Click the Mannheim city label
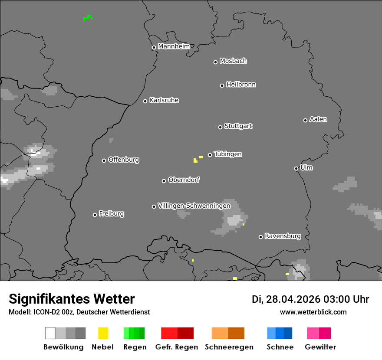174,46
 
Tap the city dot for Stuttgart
220,127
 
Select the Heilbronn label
241,85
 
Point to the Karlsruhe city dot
145,101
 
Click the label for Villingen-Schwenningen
194,206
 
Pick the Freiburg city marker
95,215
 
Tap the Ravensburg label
283,236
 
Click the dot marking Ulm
296,168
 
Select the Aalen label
318,119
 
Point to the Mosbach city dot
215,62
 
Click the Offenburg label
124,160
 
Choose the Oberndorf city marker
164,181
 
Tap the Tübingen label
228,154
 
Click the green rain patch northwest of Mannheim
88,18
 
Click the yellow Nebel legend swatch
103,333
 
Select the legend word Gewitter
320,347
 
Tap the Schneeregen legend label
228,347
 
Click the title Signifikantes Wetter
72,299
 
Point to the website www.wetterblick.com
313,312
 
